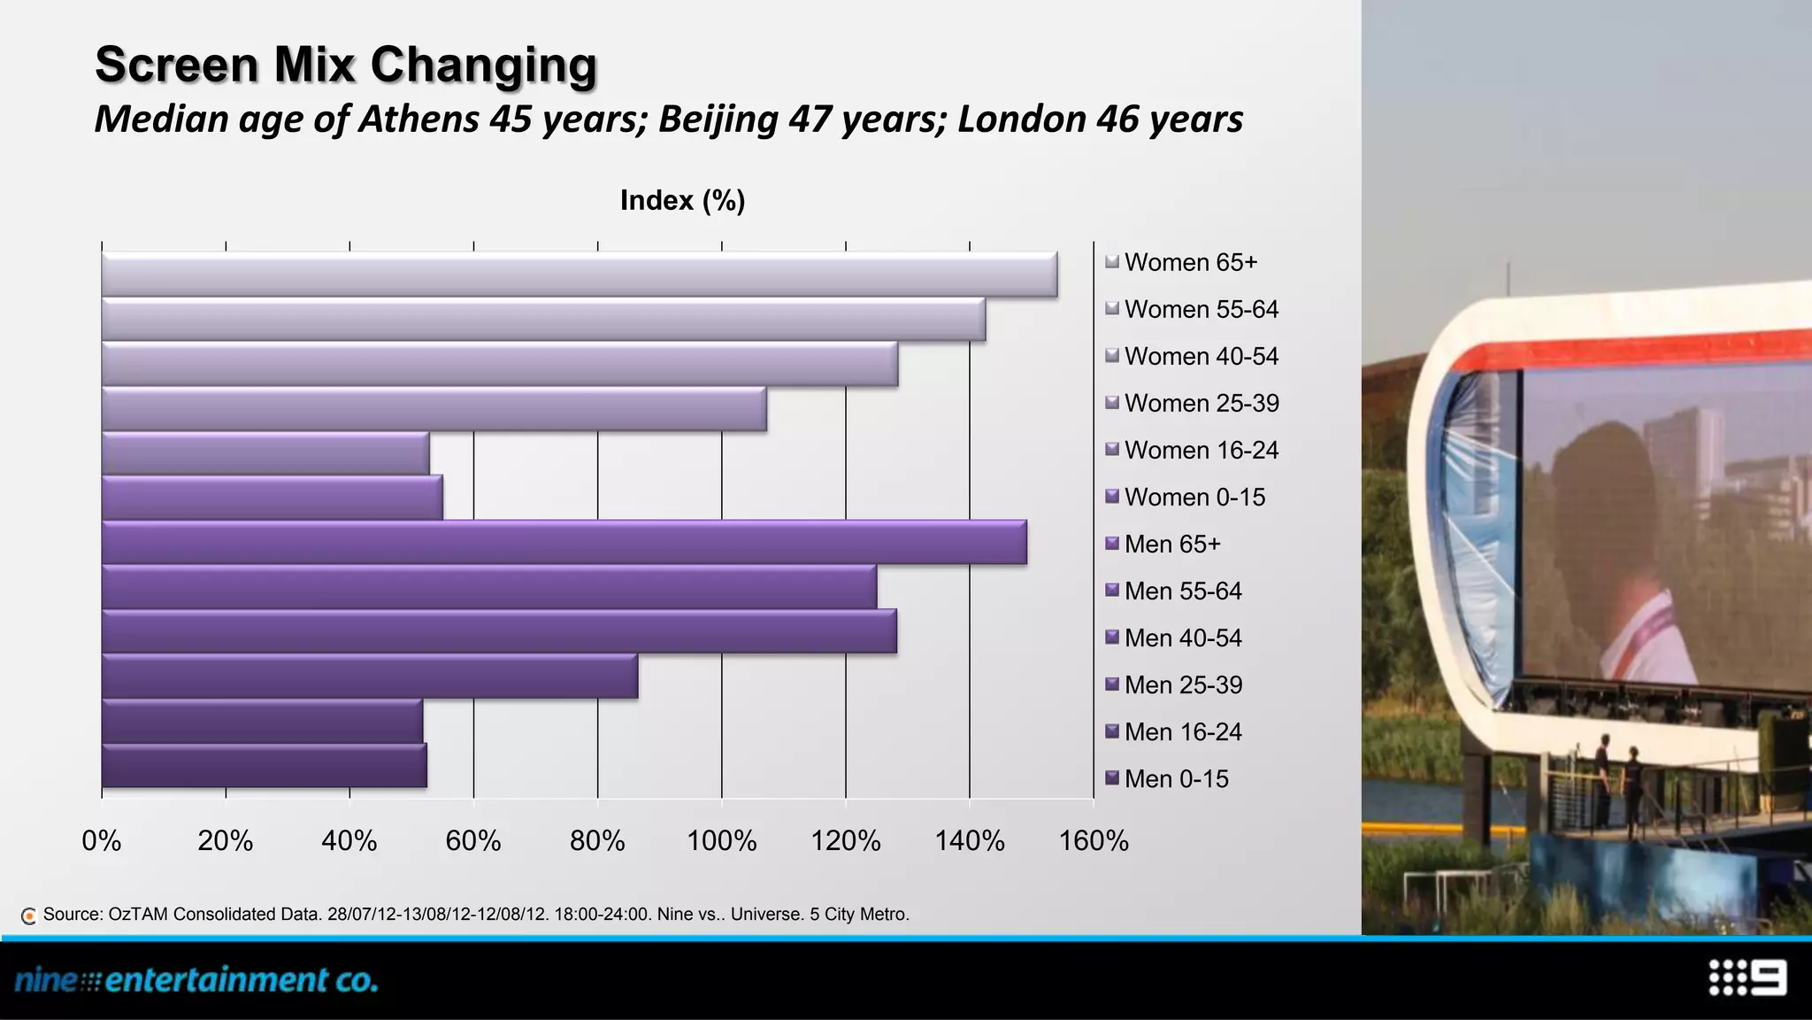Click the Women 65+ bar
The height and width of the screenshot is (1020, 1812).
580,274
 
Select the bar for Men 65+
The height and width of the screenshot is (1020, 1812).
564,543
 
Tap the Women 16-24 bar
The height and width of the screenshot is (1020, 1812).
265,453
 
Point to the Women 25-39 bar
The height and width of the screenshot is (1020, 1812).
434,409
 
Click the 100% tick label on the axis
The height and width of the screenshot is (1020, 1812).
721,840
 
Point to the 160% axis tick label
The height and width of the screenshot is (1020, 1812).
1094,840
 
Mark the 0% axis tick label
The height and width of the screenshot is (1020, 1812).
102,840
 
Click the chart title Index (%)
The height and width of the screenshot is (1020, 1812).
682,200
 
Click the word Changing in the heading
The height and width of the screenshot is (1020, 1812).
483,66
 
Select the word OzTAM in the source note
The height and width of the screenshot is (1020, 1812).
137,914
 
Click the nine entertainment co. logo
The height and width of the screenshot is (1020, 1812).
196,980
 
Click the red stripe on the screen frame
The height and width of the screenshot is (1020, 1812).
1637,352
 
